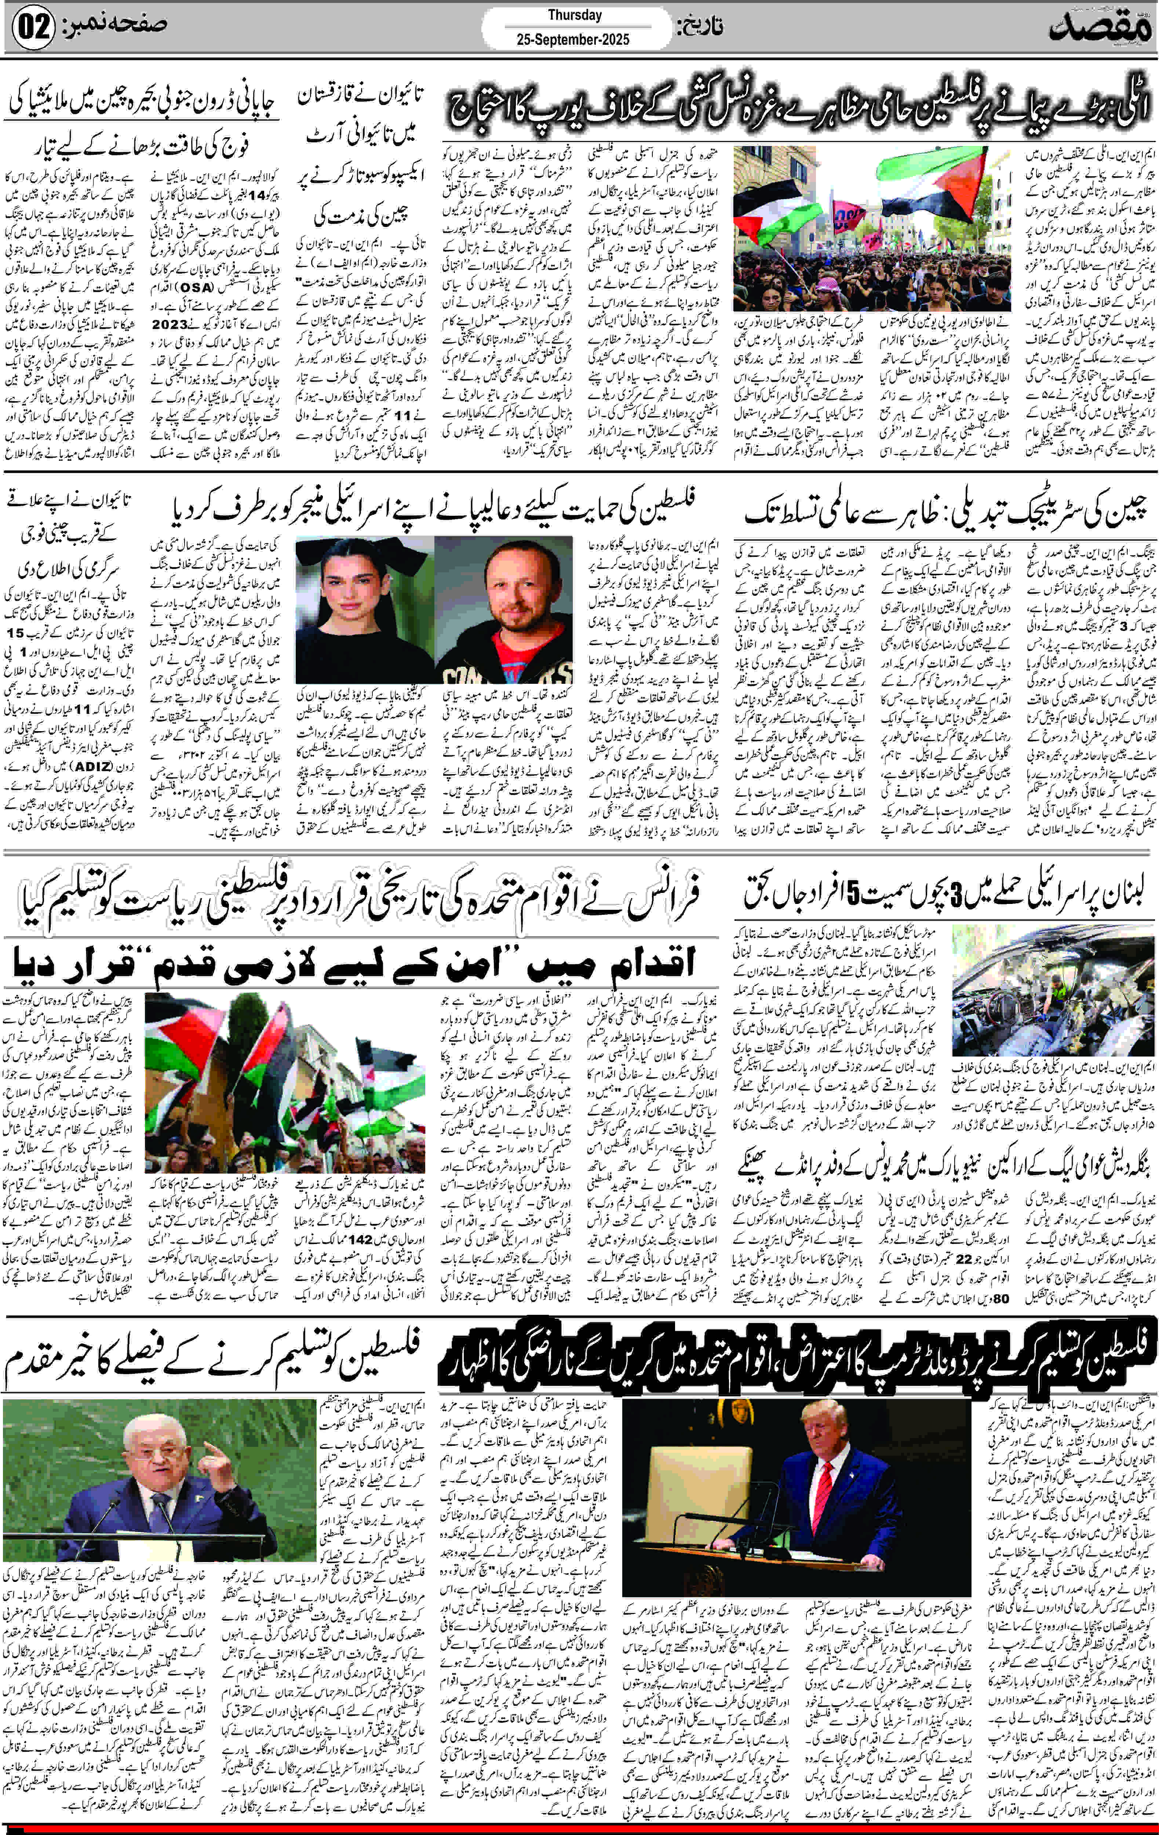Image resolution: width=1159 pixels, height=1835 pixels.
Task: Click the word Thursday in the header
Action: coord(575,14)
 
